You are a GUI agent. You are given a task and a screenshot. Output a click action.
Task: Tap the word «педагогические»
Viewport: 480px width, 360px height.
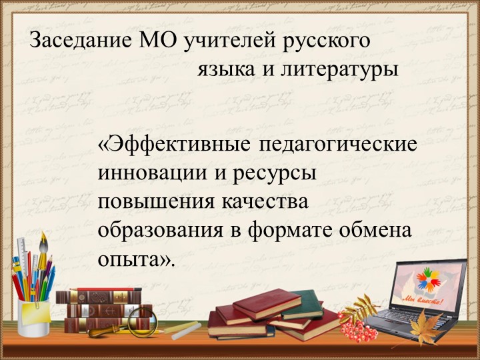point(339,145)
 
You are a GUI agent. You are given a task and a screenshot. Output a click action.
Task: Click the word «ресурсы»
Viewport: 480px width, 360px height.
point(273,173)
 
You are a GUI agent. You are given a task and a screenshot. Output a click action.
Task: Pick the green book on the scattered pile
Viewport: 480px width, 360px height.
point(303,303)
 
